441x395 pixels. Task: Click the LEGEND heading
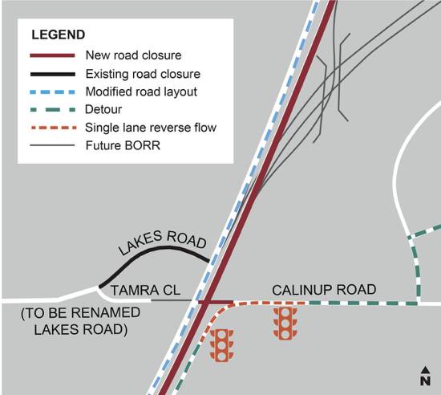coord(59,35)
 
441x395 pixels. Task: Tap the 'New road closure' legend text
coord(134,55)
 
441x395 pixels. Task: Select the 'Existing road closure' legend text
coord(143,74)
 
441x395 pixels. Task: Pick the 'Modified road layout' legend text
coord(141,92)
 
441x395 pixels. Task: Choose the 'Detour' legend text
coord(103,109)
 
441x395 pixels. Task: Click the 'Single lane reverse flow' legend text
coord(151,128)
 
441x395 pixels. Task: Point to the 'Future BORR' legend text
coord(123,145)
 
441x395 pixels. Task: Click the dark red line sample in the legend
coord(53,55)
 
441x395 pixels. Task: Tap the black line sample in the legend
coord(53,75)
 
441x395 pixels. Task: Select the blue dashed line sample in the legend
coord(53,92)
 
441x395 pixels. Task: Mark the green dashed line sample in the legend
coord(53,110)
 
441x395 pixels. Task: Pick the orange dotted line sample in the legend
coord(53,128)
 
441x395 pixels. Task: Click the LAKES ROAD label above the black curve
coord(162,243)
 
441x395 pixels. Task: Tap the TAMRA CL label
coord(145,291)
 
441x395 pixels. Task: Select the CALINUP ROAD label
coord(324,290)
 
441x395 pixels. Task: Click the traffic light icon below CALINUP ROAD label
coord(285,324)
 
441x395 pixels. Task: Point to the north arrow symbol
coord(426,376)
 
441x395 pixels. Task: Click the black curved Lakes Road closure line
coord(157,249)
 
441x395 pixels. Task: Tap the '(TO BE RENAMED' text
coord(80,312)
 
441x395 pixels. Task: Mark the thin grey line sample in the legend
coord(53,145)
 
